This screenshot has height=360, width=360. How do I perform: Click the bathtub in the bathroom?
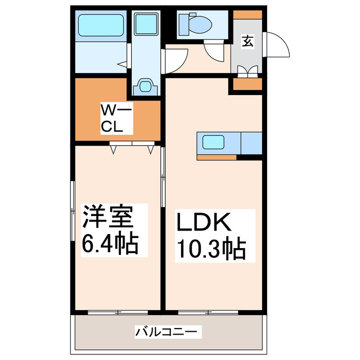pyautogui.click(x=101, y=25)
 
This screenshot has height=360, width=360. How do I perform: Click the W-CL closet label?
pyautogui.click(x=116, y=117)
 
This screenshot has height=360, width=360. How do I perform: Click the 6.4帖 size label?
pyautogui.click(x=111, y=244)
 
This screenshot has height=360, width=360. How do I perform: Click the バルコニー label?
pyautogui.click(x=166, y=332)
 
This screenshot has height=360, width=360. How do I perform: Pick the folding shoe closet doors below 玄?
pyautogui.click(x=247, y=71)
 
